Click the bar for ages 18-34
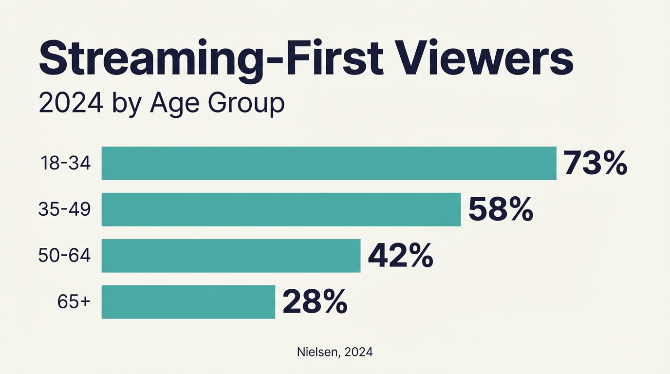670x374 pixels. pos(329,163)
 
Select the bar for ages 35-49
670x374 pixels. pos(281,209)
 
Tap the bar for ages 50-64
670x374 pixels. pos(231,256)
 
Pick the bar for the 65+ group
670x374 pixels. pos(188,302)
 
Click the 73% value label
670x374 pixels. pos(595,163)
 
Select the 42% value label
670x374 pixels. pos(400,256)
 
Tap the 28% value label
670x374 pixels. pos(315,302)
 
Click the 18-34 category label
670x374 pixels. pos(65,164)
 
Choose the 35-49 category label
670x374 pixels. pos(65,209)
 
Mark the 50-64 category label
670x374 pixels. pos(65,256)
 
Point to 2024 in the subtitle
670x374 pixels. pos(71,103)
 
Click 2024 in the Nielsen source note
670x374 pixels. pos(358,352)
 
